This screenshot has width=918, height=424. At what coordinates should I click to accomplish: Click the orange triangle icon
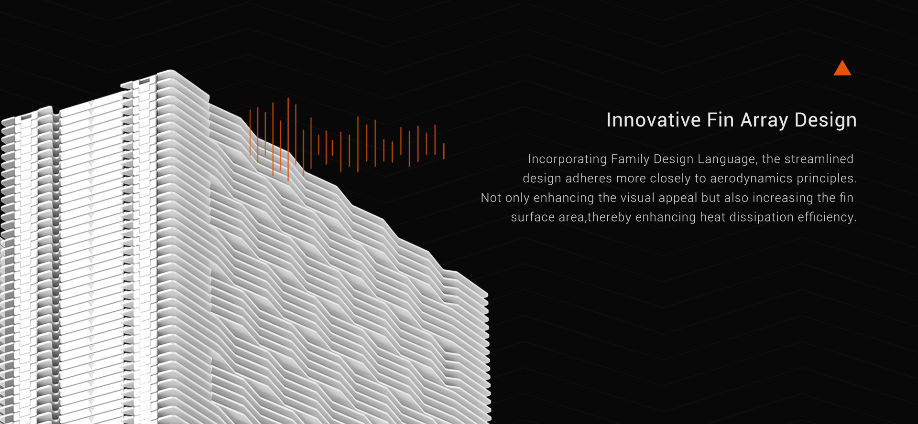click(842, 68)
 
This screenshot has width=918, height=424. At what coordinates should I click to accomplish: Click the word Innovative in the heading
click(654, 120)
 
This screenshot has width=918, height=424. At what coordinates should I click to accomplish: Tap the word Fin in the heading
click(721, 120)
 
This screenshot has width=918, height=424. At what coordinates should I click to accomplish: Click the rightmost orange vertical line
click(444, 151)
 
